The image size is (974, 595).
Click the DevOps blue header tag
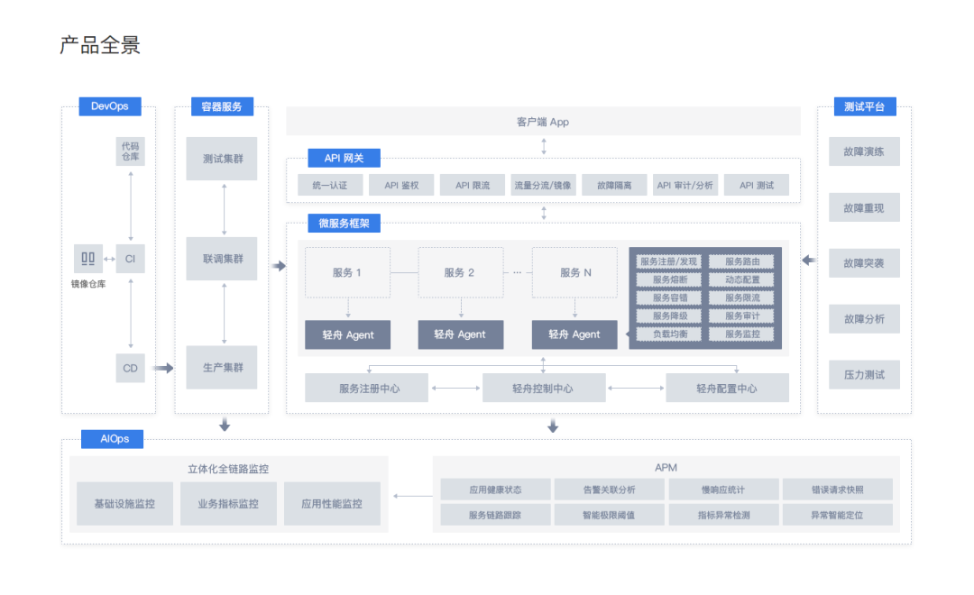pos(110,106)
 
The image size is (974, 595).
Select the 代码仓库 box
pos(131,151)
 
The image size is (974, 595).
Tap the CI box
pos(130,259)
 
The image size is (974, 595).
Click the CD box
pos(131,369)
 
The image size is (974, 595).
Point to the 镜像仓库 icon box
pos(88,259)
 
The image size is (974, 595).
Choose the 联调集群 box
pos(222,259)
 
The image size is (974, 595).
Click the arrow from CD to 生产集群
pos(163,369)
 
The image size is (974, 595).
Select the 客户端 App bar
pos(543,122)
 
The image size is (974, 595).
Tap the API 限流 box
pos(472,185)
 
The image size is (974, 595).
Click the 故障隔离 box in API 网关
pos(614,185)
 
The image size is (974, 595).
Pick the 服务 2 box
pos(460,272)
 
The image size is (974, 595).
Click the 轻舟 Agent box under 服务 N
pos(574,334)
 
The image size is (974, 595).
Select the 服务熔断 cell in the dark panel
pos(669,279)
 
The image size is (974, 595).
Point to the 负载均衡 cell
pos(669,334)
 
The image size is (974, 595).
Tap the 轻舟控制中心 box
pos(544,389)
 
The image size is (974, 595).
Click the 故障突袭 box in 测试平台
pos(864,263)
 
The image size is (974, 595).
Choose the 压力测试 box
pos(864,374)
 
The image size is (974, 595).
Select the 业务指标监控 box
pos(228,504)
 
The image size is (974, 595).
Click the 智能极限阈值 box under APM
pos(610,515)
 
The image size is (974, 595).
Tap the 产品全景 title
pos(100,45)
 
